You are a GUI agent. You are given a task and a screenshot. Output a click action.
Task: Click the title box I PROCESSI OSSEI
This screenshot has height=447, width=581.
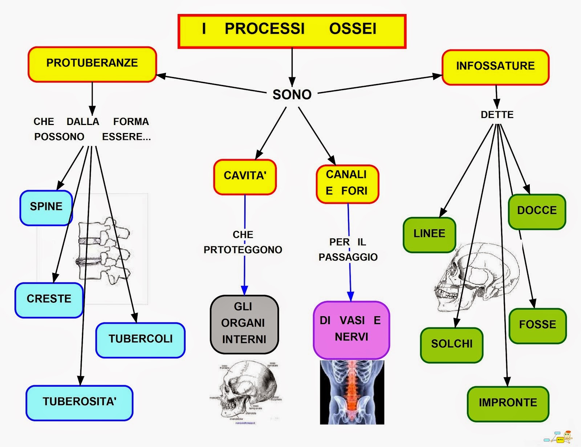[x=292, y=31]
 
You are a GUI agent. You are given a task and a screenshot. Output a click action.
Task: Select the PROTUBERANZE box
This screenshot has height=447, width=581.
[x=92, y=64]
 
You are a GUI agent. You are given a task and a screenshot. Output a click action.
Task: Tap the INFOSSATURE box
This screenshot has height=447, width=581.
[x=495, y=67]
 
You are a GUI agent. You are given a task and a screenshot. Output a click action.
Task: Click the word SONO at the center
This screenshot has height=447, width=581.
[x=292, y=95]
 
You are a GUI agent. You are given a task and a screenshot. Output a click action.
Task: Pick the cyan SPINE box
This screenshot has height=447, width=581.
[x=46, y=207]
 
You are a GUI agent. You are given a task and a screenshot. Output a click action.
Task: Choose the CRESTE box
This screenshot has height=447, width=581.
[x=49, y=299]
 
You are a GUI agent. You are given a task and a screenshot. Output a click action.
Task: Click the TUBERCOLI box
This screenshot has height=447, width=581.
[x=141, y=339]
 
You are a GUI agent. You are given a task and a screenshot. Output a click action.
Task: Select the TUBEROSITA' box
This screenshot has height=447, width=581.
[x=79, y=402]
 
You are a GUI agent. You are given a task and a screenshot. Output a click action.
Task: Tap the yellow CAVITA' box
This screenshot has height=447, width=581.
[x=245, y=176]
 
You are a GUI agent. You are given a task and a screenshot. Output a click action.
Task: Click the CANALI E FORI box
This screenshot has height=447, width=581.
[x=347, y=183]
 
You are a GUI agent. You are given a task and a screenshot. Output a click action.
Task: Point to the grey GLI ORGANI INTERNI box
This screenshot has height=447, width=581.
[x=244, y=323]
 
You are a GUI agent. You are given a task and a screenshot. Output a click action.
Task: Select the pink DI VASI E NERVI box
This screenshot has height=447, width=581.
[x=351, y=329]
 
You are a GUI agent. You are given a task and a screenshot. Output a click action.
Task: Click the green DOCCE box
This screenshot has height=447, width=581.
[x=537, y=211]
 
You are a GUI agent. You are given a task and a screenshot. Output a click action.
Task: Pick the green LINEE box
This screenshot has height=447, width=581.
[x=429, y=234]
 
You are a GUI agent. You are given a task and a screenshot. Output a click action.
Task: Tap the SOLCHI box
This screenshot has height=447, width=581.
[x=452, y=345]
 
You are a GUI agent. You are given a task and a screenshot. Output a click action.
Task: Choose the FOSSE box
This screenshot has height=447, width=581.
[x=537, y=325]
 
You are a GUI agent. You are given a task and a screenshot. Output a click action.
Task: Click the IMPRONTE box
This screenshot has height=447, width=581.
[x=508, y=403]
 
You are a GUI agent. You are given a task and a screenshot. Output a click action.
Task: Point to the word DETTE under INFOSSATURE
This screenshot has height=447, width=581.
[x=497, y=115]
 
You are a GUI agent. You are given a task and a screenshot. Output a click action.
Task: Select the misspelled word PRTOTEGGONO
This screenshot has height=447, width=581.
[x=243, y=250]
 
